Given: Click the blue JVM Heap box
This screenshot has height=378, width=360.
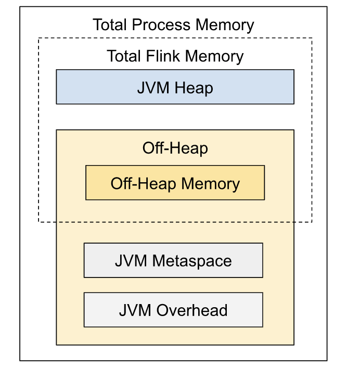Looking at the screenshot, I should (175, 87).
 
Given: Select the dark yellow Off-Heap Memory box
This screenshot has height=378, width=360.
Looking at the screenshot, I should (175, 183).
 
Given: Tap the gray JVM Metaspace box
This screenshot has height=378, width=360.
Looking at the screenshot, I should (173, 260).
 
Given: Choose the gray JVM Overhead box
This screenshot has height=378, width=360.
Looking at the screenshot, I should (173, 310).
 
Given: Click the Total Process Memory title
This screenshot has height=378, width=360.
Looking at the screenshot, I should (173, 24).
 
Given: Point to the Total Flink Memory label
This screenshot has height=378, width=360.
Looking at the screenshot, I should (175, 56).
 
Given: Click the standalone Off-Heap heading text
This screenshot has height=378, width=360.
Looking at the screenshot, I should (175, 148).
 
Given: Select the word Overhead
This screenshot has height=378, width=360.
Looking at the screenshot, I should (191, 310).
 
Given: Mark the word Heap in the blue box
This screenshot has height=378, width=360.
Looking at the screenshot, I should (194, 87).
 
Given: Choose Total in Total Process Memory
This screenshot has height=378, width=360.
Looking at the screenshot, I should (111, 24).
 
